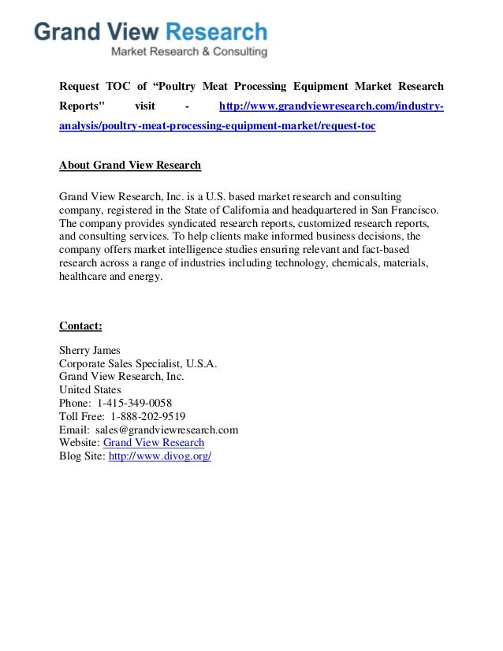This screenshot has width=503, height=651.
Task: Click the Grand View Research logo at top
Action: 151,33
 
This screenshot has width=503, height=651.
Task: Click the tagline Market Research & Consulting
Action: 188,52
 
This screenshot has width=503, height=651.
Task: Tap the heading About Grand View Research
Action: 130,166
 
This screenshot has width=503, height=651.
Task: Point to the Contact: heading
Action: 80,325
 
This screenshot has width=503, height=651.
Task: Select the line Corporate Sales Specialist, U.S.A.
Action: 138,363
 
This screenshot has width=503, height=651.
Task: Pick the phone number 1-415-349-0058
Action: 134,403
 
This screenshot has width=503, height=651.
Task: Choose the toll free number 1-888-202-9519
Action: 148,416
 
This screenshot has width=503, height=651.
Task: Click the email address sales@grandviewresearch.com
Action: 167,430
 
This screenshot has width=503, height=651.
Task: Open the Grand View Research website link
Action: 154,443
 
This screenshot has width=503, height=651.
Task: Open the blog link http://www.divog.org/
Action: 160,456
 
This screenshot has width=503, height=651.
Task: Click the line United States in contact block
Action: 90,389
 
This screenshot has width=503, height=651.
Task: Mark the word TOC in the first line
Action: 118,86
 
